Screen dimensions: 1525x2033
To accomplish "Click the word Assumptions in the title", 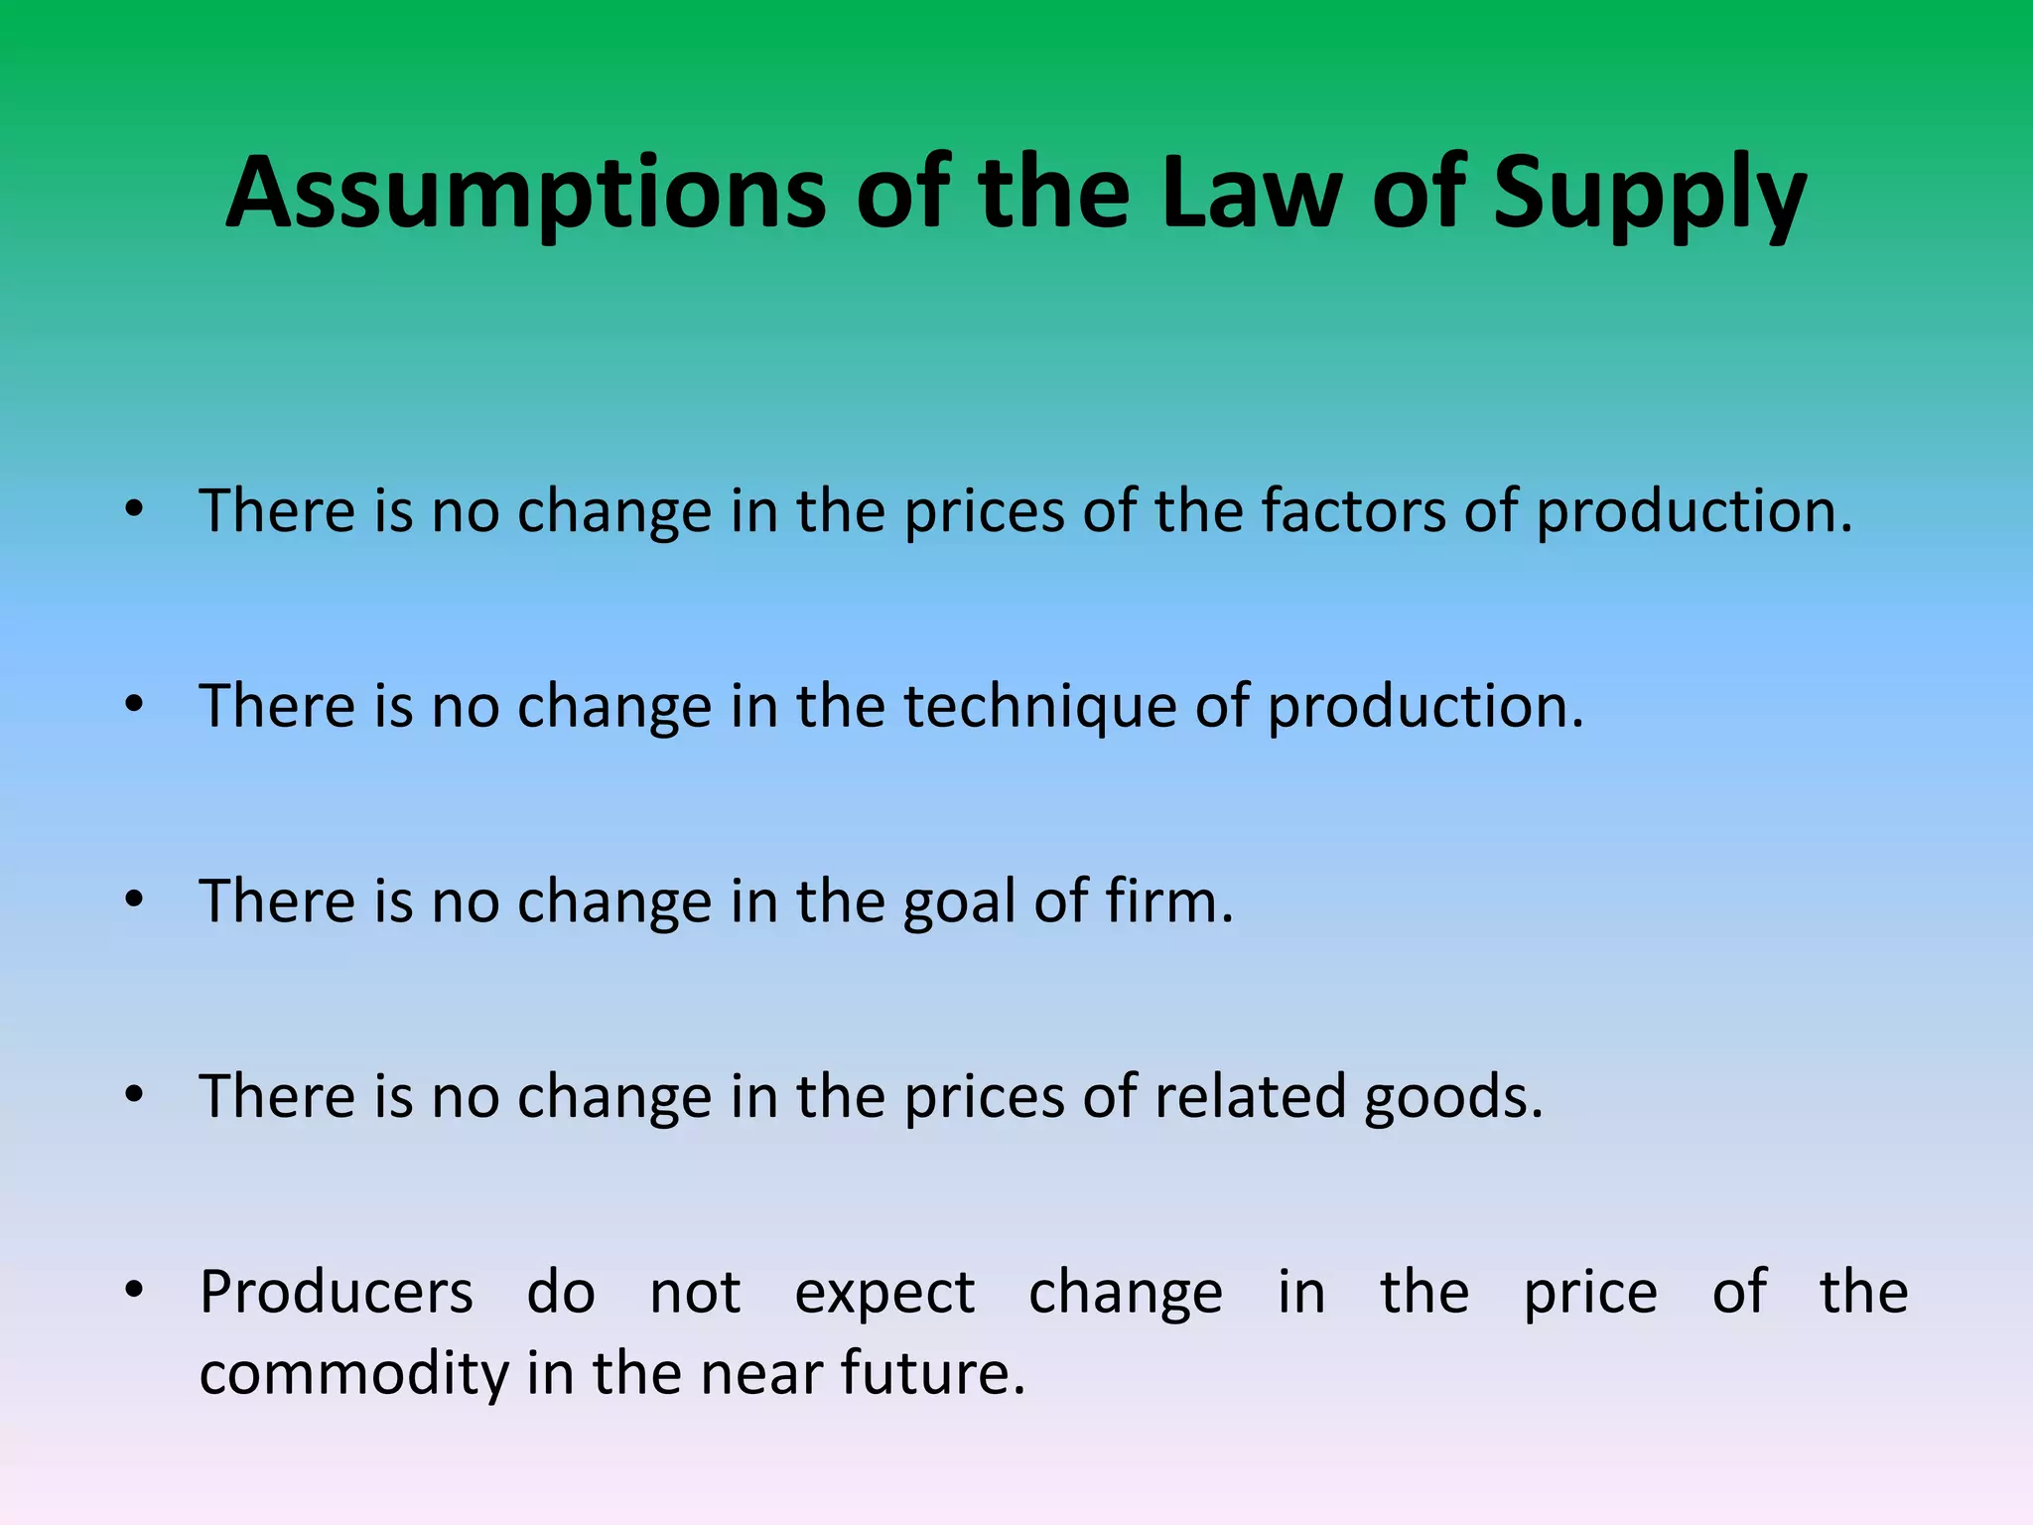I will [x=526, y=194].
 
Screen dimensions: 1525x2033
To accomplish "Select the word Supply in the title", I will [x=1650, y=194].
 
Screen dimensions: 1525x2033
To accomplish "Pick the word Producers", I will [x=337, y=1293].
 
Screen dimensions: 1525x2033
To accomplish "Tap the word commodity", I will [x=354, y=1374].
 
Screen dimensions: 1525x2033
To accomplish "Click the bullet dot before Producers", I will [x=134, y=1290].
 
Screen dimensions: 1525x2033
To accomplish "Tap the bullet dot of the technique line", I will [x=134, y=704].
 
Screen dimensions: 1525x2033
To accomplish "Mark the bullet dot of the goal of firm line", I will [x=134, y=900].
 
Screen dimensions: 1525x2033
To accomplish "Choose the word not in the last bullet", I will [x=695, y=1293].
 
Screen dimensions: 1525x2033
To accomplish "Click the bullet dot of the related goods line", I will [x=134, y=1094].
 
